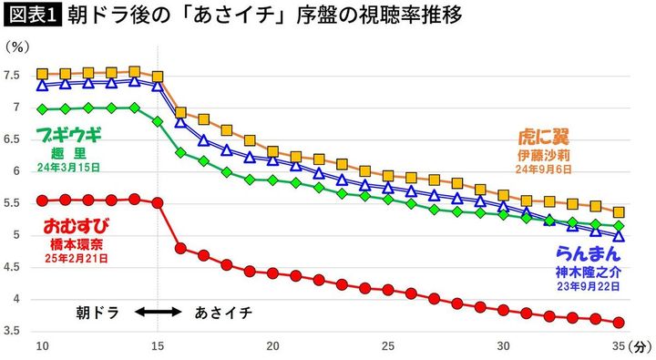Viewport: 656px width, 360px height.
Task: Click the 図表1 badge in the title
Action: click(x=29, y=16)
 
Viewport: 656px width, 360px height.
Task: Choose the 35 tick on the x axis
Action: click(x=619, y=346)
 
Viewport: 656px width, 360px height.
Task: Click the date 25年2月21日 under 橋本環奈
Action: click(x=76, y=259)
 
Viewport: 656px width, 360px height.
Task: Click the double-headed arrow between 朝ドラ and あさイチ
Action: click(x=159, y=312)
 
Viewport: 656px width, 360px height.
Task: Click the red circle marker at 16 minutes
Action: click(x=180, y=248)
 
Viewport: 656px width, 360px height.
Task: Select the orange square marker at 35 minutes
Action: click(x=619, y=211)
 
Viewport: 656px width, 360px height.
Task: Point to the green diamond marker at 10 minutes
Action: click(x=42, y=109)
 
